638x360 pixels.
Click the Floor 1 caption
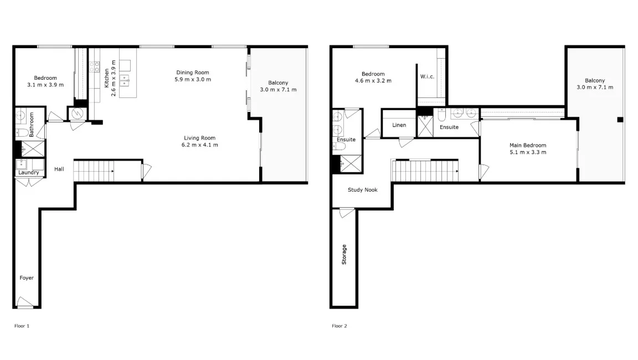(x=22, y=326)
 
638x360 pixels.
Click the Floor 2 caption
(x=339, y=326)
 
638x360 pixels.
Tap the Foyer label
(x=27, y=278)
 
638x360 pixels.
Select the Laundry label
(x=28, y=173)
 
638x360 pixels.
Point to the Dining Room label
(x=193, y=73)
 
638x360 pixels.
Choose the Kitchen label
(x=107, y=78)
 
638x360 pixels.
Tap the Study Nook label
(x=363, y=190)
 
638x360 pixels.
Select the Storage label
(x=344, y=254)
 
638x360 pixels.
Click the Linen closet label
(x=399, y=125)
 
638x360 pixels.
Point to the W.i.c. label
(x=426, y=76)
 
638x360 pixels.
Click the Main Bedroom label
(x=528, y=145)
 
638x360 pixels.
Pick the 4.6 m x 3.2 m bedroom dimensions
(x=373, y=81)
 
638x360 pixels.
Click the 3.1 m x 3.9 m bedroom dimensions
(x=45, y=85)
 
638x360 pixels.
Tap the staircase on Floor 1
(x=94, y=171)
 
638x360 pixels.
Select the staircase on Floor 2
(x=425, y=171)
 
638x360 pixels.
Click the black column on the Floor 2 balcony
(x=620, y=119)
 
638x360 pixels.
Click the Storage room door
(x=346, y=212)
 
